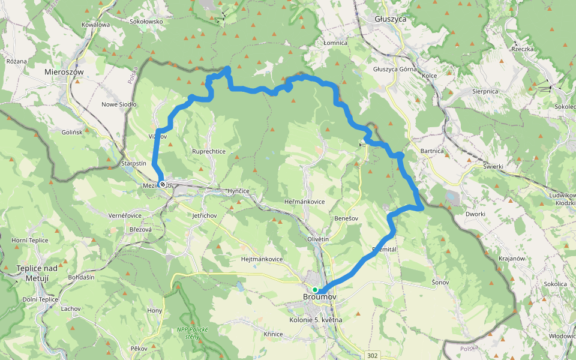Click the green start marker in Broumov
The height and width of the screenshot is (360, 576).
coord(315,290)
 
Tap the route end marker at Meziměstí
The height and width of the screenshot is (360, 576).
coord(162,184)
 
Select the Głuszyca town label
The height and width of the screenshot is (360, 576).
coord(391,19)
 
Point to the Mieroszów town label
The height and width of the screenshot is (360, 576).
coord(64,71)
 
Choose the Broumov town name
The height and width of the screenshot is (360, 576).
coord(319,297)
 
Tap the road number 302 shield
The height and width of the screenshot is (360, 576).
coord(373,356)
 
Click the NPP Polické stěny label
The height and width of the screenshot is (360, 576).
coord(192,332)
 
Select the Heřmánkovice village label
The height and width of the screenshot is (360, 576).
coord(305,202)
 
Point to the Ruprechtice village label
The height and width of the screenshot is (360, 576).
coord(209,152)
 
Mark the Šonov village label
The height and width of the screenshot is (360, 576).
coord(440,281)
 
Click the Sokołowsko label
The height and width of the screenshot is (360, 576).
coord(146,21)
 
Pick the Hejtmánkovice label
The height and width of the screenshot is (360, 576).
coord(262,259)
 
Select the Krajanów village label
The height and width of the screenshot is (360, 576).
coord(512,258)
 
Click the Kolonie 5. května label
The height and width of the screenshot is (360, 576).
coord(316,320)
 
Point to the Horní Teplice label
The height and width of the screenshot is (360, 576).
coord(29,240)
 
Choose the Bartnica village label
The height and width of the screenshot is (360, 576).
coord(432,151)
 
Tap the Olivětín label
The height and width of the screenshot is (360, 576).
coord(318,239)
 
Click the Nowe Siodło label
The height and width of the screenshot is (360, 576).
coord(119,104)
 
